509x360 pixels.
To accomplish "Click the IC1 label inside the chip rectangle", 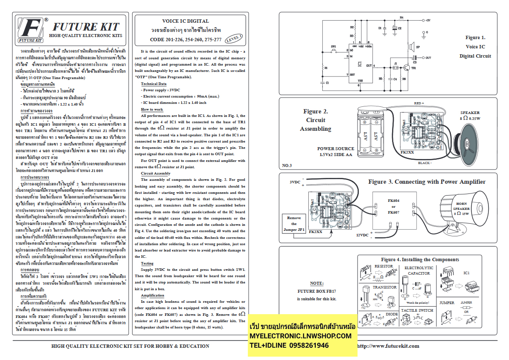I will (x=359, y=64).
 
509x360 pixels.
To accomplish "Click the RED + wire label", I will (x=419, y=103).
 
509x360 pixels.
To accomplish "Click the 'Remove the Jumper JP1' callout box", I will (x=294, y=224).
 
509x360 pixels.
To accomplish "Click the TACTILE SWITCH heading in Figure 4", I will (x=417, y=310).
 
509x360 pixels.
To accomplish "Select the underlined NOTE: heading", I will (x=316, y=283).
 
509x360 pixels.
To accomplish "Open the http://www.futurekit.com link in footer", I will (x=388, y=346).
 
